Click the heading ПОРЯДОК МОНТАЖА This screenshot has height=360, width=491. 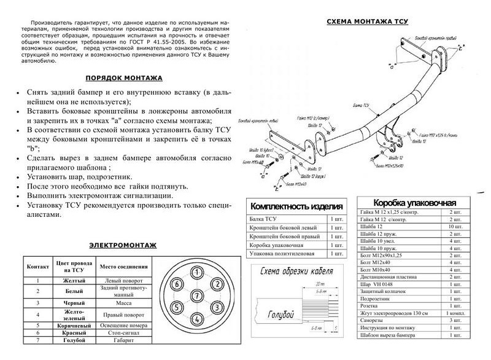(123, 79)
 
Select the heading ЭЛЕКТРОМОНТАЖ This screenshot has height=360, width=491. (122, 245)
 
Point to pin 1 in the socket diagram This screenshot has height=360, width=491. (196, 272)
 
